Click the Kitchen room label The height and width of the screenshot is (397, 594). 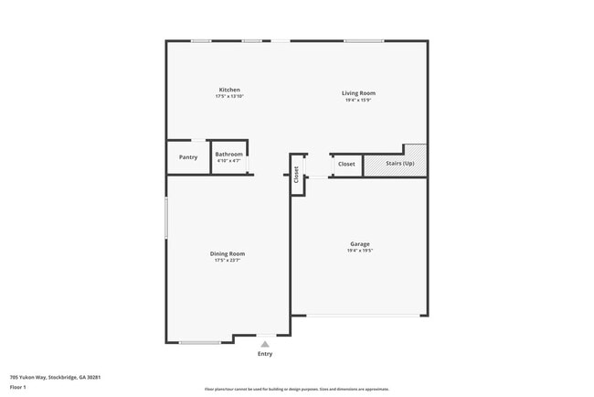click(229, 90)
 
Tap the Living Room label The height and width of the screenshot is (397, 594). click(358, 93)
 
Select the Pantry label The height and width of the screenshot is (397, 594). click(188, 157)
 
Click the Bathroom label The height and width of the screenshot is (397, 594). click(229, 155)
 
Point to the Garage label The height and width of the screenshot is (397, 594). click(360, 243)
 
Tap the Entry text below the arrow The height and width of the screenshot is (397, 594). click(265, 353)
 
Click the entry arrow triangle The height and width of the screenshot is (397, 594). click(265, 344)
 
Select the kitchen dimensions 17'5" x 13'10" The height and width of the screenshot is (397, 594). click(229, 96)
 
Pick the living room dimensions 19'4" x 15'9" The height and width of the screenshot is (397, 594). click(358, 100)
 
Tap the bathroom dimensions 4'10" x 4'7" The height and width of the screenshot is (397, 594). click(229, 161)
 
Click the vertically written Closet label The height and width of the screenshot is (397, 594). click(296, 175)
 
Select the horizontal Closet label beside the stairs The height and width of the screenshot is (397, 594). click(346, 164)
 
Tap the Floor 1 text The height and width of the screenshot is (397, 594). click(18, 387)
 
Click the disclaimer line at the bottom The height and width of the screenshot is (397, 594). click(296, 389)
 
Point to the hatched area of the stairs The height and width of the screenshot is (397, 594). click(416, 153)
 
